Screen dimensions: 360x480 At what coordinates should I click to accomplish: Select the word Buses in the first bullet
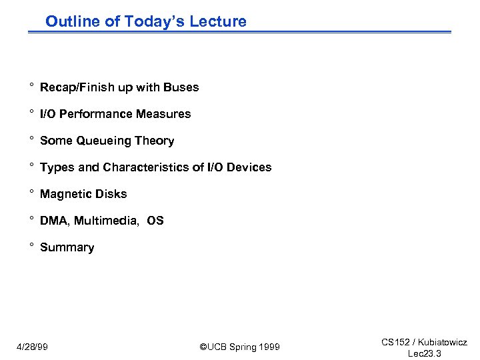click(182, 87)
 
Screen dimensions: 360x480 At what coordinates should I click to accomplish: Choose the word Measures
click(163, 114)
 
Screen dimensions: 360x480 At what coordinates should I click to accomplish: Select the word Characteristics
click(148, 167)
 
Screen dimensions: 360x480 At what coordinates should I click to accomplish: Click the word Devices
click(249, 167)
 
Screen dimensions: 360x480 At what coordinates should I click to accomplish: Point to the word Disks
click(111, 194)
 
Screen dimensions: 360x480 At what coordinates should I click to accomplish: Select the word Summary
click(67, 247)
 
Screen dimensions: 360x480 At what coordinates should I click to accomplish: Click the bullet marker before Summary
click(31, 246)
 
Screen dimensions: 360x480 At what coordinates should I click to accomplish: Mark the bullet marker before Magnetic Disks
click(31, 193)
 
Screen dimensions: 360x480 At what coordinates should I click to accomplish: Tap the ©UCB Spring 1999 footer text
click(240, 347)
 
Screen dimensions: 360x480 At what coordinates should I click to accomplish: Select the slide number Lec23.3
click(424, 353)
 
